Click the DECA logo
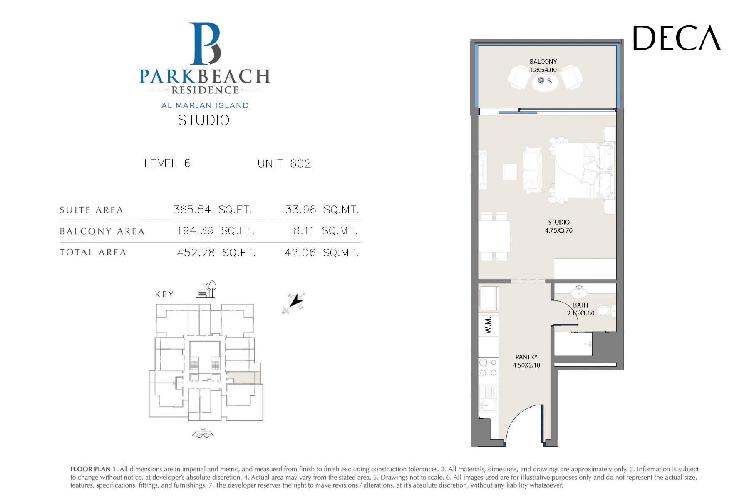click(x=677, y=38)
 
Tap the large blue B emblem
click(x=205, y=44)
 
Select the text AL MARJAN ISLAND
click(x=205, y=105)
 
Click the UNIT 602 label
click(x=284, y=163)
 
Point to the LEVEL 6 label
click(x=167, y=163)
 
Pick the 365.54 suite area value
click(x=192, y=209)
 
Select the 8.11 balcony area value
click(x=304, y=230)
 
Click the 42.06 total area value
click(x=300, y=253)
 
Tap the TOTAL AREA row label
click(x=93, y=252)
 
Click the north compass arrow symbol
click(x=295, y=303)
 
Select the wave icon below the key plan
click(x=203, y=433)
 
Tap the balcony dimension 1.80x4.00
click(x=543, y=70)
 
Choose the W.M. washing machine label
click(x=488, y=325)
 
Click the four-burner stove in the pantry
click(x=488, y=368)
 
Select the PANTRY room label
click(x=526, y=357)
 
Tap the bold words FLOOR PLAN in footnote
click(x=90, y=469)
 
